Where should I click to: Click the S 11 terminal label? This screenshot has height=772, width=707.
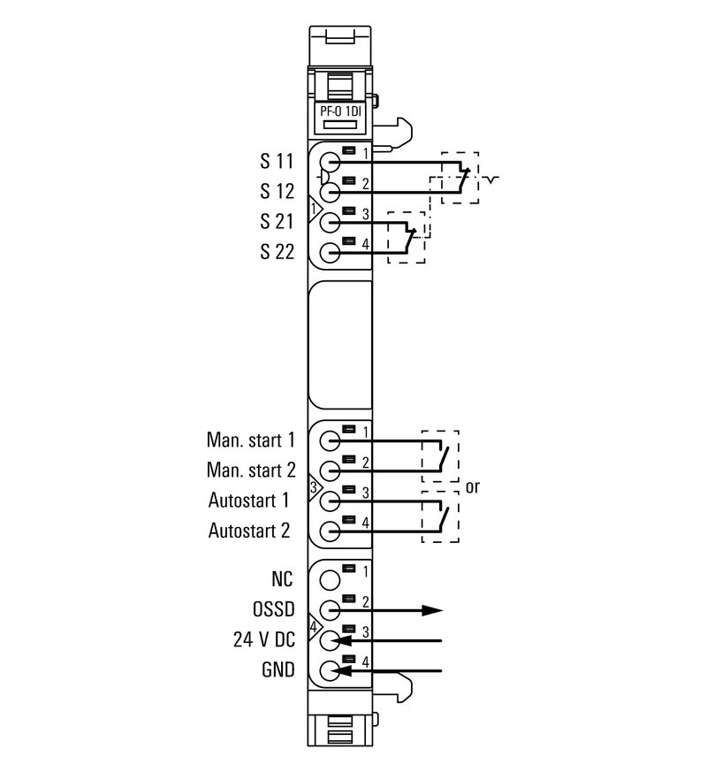point(276,162)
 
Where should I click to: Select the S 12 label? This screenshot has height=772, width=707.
point(276,191)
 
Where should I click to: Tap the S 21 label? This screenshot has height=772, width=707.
point(276,221)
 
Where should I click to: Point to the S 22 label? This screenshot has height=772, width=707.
point(276,251)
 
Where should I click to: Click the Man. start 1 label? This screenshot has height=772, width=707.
point(251,440)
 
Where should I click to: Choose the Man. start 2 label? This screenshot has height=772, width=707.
point(251,470)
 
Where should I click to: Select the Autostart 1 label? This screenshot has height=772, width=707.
point(249,501)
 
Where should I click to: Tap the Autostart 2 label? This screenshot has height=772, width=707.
point(249,531)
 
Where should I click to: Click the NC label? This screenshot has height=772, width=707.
point(283,579)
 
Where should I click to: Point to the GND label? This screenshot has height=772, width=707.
point(277,669)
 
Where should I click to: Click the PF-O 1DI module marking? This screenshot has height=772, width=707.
point(340,111)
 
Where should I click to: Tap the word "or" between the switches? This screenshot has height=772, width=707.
point(473,486)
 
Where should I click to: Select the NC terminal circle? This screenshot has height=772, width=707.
point(330,580)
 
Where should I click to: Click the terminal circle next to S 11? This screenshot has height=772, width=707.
point(330,163)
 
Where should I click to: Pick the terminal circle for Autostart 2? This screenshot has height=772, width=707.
point(330,531)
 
